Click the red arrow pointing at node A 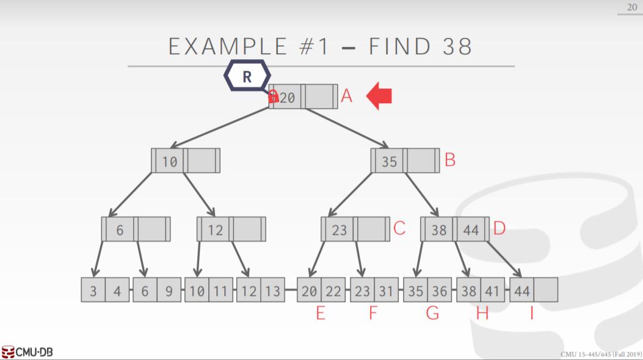(379, 96)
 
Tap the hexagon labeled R (247, 76)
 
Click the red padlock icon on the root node (274, 96)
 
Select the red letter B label (450, 160)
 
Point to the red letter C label (399, 229)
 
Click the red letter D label (500, 229)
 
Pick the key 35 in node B (390, 162)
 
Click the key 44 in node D (471, 230)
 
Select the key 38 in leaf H (468, 291)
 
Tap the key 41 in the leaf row (492, 291)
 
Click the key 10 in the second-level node (170, 162)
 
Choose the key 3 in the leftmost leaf (93, 291)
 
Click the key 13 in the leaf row (273, 291)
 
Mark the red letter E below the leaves (321, 313)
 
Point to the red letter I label (532, 313)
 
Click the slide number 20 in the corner (631, 7)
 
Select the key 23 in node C (340, 230)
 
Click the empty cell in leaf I (546, 290)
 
